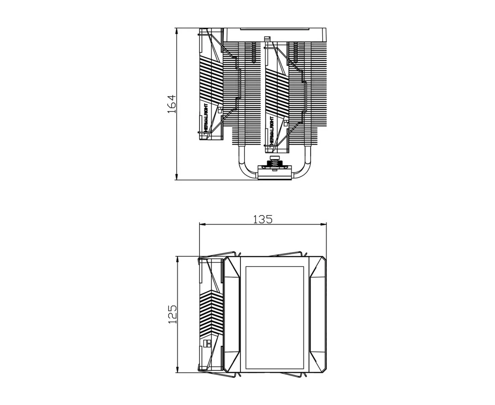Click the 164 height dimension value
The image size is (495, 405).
pos(171,104)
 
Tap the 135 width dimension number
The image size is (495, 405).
pos(263,219)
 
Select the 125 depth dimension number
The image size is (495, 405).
pos(172,315)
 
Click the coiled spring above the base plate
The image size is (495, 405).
pos(274,163)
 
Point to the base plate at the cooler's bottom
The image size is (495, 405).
pos(274,172)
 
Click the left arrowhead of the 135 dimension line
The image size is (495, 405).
pos(203,224)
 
